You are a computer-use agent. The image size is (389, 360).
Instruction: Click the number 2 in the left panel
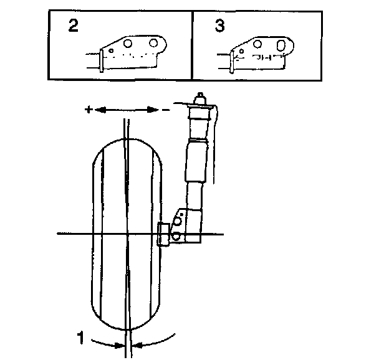[74, 28]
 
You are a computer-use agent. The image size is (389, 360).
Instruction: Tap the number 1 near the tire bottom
[80, 338]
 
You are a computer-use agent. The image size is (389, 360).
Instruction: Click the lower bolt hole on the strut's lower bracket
[177, 235]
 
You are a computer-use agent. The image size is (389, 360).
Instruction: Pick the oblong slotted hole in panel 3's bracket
[282, 45]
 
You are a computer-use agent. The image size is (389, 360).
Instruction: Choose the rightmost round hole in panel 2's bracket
[153, 44]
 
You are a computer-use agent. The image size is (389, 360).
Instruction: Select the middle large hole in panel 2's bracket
[128, 44]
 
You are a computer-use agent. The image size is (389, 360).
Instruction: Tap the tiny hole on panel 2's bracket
[112, 50]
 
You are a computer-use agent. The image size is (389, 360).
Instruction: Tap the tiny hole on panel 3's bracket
[241, 51]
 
